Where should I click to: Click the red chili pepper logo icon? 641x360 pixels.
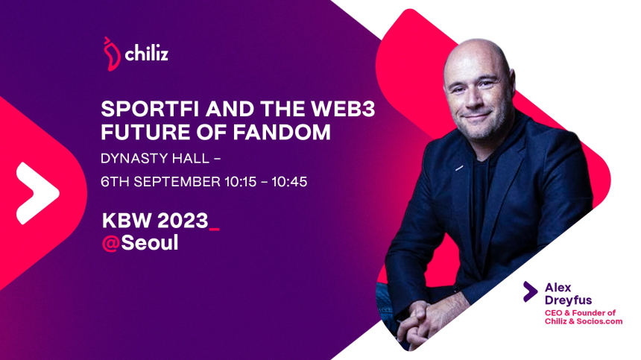(x=111, y=54)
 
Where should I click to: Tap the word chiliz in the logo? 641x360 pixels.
(x=147, y=54)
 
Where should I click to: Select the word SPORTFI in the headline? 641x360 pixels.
(x=151, y=109)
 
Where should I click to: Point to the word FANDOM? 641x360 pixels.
(x=282, y=132)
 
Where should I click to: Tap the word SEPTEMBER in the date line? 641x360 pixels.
(x=177, y=182)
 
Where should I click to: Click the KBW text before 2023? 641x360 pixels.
(x=127, y=221)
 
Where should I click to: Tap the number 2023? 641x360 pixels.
(x=183, y=221)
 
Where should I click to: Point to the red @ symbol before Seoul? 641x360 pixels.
(x=111, y=243)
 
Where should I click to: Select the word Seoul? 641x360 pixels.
(x=150, y=243)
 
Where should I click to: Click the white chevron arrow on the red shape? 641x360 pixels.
(x=37, y=193)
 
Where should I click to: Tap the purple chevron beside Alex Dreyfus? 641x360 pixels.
(x=530, y=291)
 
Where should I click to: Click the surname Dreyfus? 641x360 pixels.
(x=568, y=301)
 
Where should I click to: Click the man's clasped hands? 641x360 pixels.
(x=421, y=320)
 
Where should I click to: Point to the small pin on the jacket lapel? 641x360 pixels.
(x=459, y=168)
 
